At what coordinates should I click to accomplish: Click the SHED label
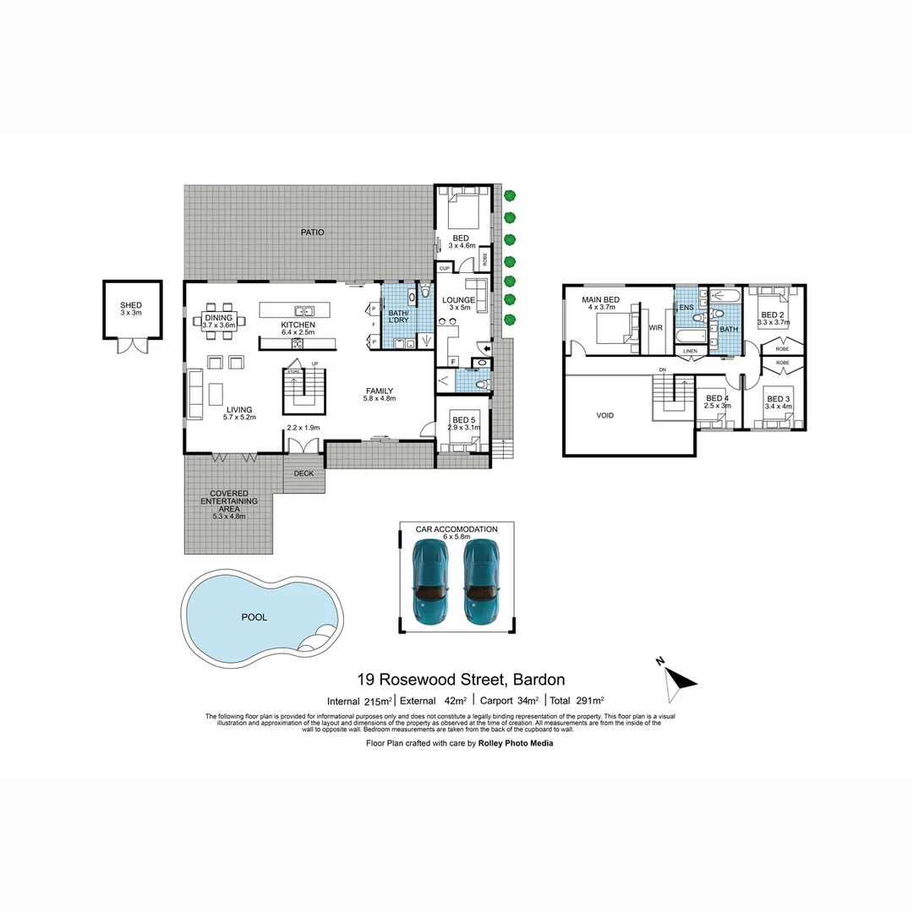point(131,305)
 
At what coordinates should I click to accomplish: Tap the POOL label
point(254,617)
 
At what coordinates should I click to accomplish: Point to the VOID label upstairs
point(604,415)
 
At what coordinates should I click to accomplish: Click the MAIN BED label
point(599,300)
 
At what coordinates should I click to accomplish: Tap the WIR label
point(655,327)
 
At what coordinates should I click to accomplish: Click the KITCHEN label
point(298,325)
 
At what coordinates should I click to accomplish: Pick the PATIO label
point(312,232)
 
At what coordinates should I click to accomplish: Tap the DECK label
point(303,473)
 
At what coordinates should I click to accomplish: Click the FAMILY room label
point(380,391)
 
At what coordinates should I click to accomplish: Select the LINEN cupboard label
point(690,351)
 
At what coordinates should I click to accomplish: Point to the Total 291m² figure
point(576,701)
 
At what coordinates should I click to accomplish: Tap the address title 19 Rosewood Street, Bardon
point(461,680)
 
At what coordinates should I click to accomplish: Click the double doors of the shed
point(131,346)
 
